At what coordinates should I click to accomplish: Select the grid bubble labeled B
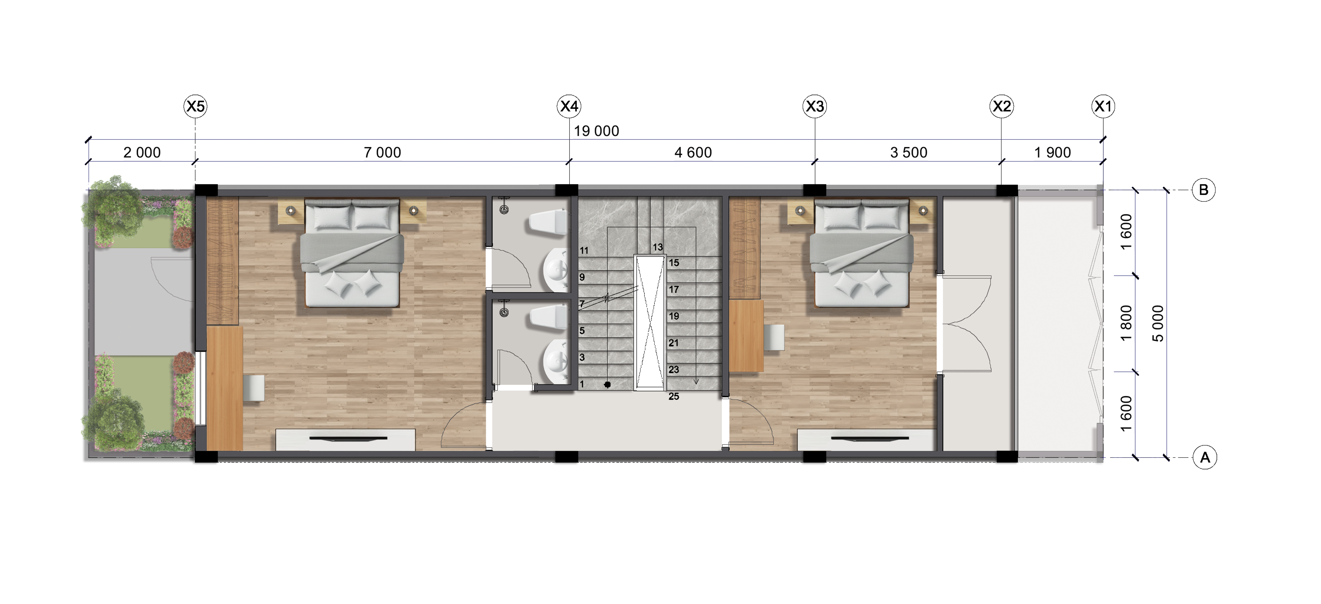coord(1204,190)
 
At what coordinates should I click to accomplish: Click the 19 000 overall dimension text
coord(596,131)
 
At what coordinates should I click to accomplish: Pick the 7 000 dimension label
coord(382,153)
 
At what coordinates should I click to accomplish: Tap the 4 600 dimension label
coord(693,153)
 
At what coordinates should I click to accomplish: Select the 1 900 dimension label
coord(1052,153)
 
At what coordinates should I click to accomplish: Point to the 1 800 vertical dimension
coord(1126,323)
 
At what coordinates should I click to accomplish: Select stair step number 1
coord(582,384)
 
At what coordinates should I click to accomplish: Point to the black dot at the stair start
coord(607,384)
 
